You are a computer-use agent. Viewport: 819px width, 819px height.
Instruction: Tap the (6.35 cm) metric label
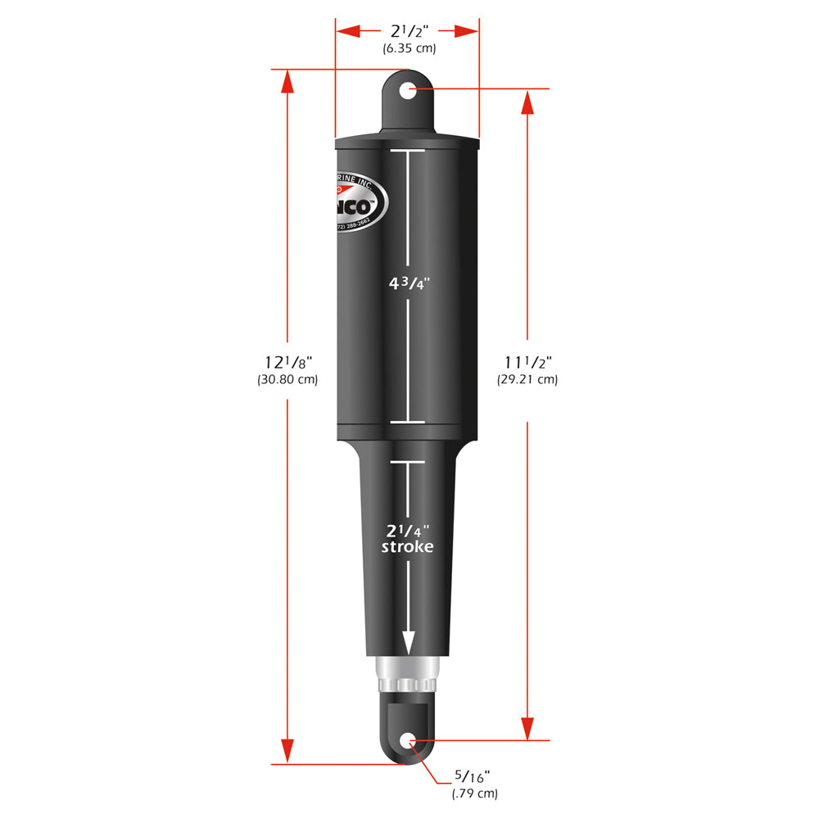[409, 48]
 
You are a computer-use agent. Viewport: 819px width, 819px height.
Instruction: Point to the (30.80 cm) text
[287, 379]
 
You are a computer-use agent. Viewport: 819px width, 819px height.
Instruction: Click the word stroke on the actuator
[407, 546]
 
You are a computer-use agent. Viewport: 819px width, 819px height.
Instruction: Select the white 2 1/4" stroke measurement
[407, 530]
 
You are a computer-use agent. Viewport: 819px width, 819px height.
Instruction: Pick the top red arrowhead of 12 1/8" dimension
[287, 82]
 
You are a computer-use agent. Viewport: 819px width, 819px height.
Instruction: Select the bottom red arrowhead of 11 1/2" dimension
[527, 728]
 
